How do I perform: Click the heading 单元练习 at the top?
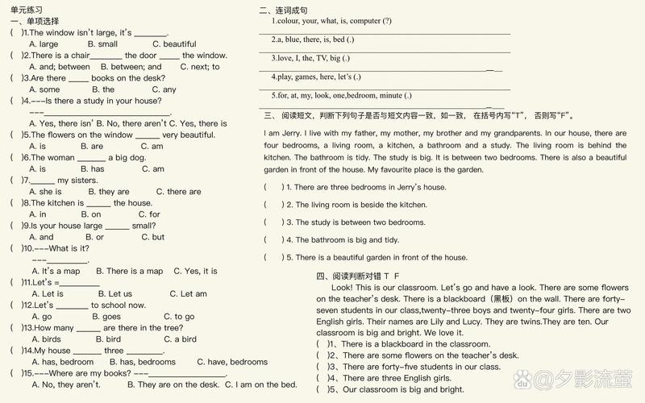[26, 9]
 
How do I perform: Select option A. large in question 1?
[44, 44]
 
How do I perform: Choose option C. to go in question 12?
[179, 317]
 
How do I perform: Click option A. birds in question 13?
[46, 339]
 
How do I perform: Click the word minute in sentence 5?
[390, 95]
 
